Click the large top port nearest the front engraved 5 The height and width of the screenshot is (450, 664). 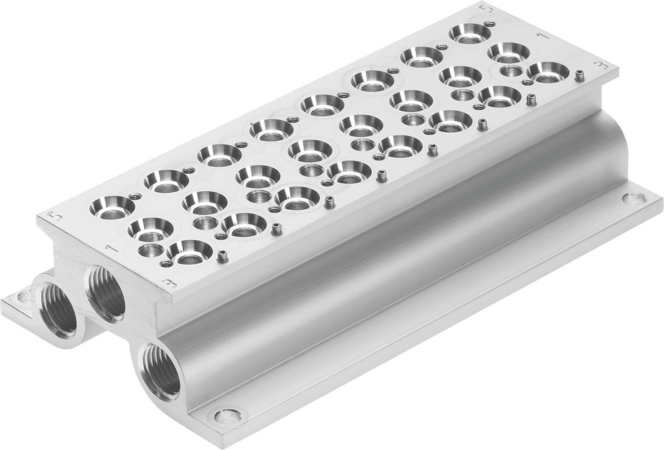coord(112,208)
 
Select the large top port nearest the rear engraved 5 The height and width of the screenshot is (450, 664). coord(469,33)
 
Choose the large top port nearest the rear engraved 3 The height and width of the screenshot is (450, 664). coord(549,71)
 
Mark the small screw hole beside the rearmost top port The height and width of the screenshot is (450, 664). coord(489,25)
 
